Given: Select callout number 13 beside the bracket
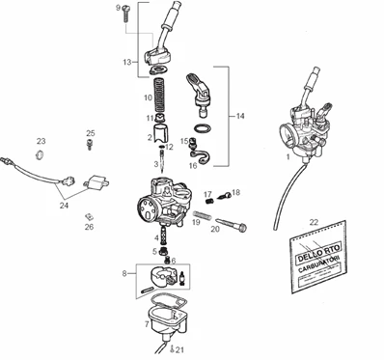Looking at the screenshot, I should (126, 62).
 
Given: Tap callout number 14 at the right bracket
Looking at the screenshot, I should (238, 115).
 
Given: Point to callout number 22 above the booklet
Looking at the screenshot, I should (313, 223).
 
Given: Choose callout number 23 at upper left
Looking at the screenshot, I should (41, 141).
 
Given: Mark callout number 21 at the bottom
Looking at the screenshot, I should (180, 349).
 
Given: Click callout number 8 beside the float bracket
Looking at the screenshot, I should (123, 275).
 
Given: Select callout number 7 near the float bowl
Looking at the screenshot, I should (146, 324).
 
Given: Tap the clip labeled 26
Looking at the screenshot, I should (86, 216).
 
